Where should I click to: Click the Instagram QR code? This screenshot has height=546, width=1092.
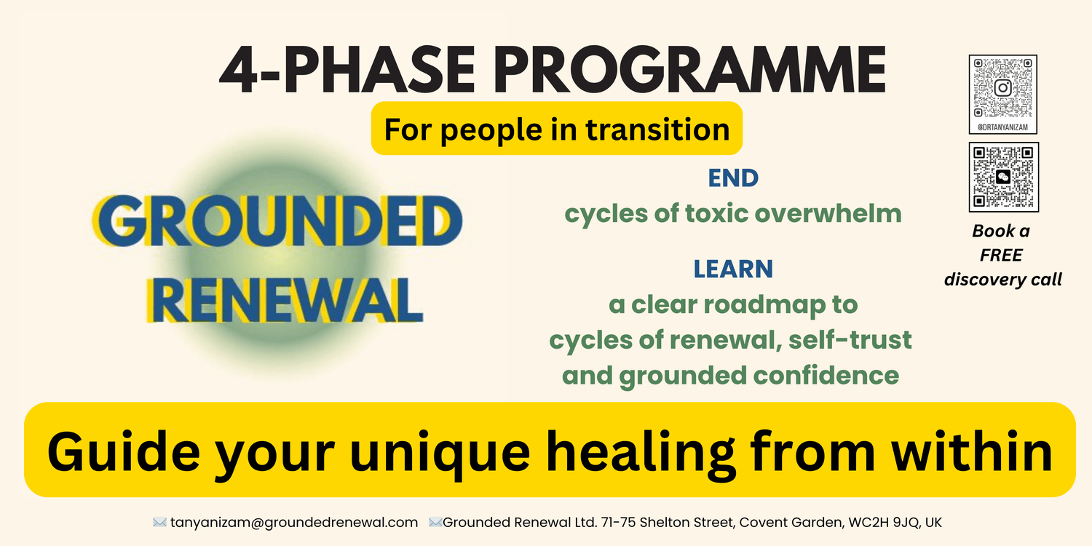click(x=1002, y=88)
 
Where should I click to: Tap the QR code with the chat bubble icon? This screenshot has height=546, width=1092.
click(x=1004, y=177)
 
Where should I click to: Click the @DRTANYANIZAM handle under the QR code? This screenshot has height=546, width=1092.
click(x=1002, y=127)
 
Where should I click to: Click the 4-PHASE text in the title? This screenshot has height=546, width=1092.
click(x=347, y=69)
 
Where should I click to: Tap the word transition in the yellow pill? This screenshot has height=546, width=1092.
click(x=657, y=130)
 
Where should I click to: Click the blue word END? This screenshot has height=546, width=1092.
click(x=733, y=178)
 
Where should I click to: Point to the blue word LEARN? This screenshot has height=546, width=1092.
click(x=733, y=269)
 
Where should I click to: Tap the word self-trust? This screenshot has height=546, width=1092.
click(x=850, y=340)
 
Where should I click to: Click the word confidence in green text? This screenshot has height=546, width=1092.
click(x=826, y=376)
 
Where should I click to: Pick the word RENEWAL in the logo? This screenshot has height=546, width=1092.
click(x=285, y=300)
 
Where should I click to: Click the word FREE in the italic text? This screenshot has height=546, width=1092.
click(x=1001, y=255)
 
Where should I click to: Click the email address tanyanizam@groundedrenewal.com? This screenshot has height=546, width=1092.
click(x=294, y=523)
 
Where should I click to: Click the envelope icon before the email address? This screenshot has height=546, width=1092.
click(x=159, y=523)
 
